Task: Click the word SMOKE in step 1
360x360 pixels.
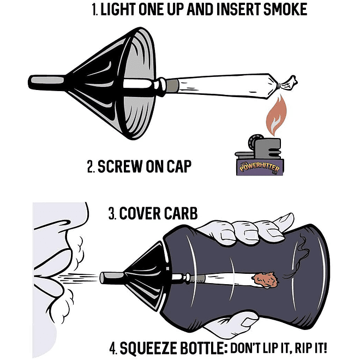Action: (x=285, y=10)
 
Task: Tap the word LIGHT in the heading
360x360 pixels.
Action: (x=118, y=10)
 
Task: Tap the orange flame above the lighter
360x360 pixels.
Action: (x=276, y=116)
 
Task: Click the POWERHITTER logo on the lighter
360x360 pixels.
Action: (x=260, y=167)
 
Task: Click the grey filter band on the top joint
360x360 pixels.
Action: (x=172, y=86)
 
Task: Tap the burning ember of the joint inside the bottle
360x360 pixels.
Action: (x=266, y=280)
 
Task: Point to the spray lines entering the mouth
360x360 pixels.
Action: (x=76, y=277)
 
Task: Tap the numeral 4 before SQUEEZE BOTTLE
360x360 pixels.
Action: (x=112, y=349)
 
